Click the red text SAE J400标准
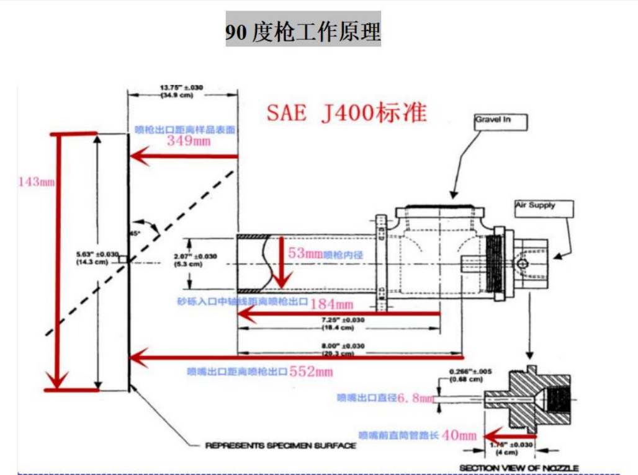pos(346,113)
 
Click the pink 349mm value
pos(189,141)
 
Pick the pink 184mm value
pos(332,304)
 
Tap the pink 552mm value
pos(312,371)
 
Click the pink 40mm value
pos(460,435)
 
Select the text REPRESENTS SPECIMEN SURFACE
pos(281,445)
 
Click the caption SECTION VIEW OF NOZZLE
pos(519,468)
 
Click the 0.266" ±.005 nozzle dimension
pos(470,371)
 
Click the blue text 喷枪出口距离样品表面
pos(187,130)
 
